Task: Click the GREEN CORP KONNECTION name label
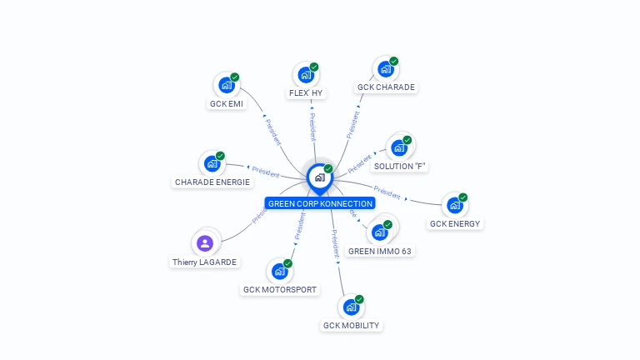(x=320, y=203)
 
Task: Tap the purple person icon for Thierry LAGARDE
(x=205, y=243)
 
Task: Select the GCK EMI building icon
(x=225, y=85)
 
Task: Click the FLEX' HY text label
(x=306, y=93)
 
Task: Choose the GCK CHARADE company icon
(x=384, y=69)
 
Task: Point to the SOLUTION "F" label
(x=400, y=166)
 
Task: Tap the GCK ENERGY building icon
(x=453, y=205)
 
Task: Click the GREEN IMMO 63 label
(x=380, y=251)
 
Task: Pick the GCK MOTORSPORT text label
(x=280, y=290)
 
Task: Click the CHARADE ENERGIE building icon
(x=211, y=163)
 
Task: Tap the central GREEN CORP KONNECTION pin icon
(x=319, y=177)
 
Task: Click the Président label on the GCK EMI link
(x=272, y=132)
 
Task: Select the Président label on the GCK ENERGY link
(x=387, y=191)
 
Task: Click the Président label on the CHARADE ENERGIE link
(x=265, y=172)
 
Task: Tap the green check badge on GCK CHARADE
(x=394, y=61)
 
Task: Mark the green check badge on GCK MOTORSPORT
(x=287, y=263)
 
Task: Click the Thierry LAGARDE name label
(x=205, y=262)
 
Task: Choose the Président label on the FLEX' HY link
(x=312, y=127)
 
